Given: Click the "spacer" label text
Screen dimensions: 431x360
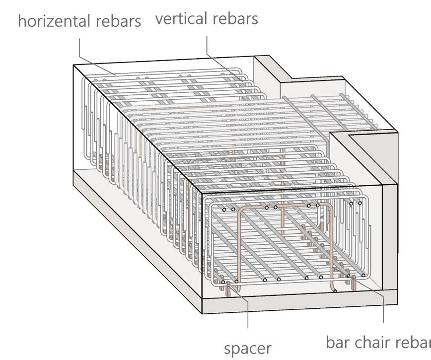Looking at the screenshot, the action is point(247,348).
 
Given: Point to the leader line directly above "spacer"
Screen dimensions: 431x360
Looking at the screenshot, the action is point(248,313).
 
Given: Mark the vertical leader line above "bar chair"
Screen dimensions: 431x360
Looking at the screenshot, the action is point(384,308).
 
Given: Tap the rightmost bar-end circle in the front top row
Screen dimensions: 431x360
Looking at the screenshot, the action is point(360,203).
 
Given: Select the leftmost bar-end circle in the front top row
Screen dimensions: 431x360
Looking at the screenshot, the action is point(224,210).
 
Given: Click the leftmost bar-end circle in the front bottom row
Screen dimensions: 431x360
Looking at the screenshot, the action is point(223,282).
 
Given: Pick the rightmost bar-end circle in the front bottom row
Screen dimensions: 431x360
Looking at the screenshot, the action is point(363,275).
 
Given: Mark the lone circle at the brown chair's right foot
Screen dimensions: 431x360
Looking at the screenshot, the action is point(335,290).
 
